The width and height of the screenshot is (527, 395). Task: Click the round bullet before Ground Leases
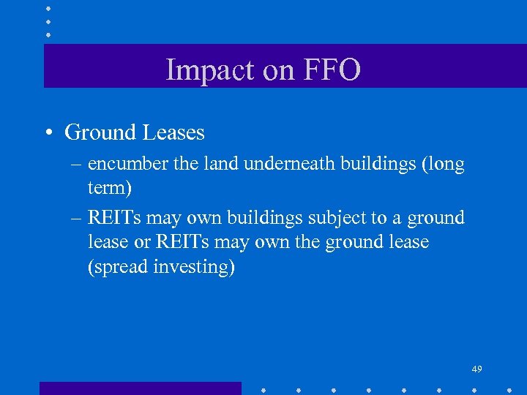[x=47, y=133]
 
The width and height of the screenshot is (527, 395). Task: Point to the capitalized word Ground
[x=101, y=132]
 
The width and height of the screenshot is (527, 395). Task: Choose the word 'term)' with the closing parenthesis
[x=110, y=188]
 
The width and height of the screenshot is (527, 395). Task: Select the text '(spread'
[x=118, y=267]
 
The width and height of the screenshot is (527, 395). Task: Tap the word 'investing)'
[x=195, y=267]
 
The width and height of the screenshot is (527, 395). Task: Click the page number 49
[x=476, y=368]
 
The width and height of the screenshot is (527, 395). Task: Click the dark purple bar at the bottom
[x=140, y=388]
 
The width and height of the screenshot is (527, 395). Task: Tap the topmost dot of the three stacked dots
[x=48, y=8]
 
